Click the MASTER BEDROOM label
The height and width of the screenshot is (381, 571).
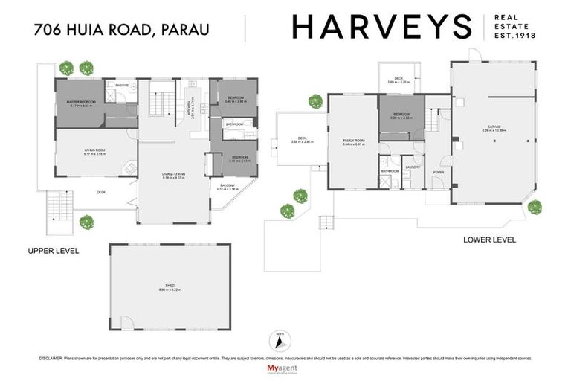[x=83, y=102]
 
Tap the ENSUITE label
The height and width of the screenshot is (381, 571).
[x=123, y=86]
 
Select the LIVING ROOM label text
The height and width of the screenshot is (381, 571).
[x=94, y=151]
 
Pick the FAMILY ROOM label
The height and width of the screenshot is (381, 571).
[x=353, y=141]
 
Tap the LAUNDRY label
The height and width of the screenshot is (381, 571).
[x=413, y=167]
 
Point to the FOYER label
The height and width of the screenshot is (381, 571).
[x=438, y=172]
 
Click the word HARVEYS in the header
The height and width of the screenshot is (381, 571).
[x=381, y=28]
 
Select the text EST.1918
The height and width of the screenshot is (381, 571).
[x=516, y=36]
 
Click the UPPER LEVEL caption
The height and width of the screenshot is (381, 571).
[x=53, y=251]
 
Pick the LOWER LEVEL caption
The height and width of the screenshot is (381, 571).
[x=489, y=240]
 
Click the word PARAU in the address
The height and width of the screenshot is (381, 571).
[x=184, y=30]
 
